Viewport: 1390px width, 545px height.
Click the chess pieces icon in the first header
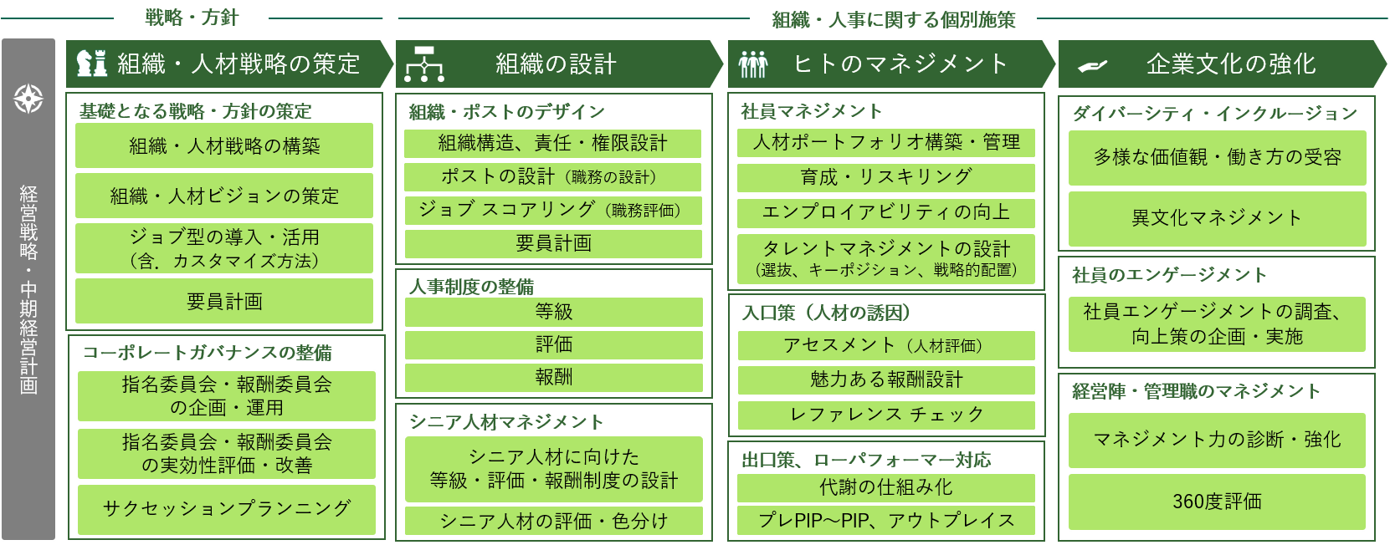[x=92, y=64]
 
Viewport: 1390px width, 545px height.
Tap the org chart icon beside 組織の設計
[x=424, y=64]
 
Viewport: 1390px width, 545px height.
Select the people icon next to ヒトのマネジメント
[x=752, y=64]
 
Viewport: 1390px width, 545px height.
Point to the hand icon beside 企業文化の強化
[x=1092, y=66]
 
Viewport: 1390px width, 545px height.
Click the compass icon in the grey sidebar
[x=28, y=99]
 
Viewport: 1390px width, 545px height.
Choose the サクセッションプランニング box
[x=226, y=508]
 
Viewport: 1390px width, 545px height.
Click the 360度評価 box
[x=1217, y=502]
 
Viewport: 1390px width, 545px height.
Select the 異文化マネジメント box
[x=1217, y=218]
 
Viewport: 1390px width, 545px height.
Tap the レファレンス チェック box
[x=886, y=415]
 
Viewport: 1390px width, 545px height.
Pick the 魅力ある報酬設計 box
[x=886, y=379]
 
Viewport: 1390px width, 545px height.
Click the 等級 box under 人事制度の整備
[x=553, y=312]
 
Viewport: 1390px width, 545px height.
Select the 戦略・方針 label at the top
[x=192, y=18]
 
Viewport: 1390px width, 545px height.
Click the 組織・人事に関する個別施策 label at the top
[x=893, y=19]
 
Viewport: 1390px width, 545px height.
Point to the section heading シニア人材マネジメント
[x=506, y=422]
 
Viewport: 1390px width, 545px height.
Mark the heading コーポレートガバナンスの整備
[x=208, y=353]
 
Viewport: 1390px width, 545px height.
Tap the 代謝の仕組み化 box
[x=886, y=487]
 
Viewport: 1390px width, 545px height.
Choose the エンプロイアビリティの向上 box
[x=886, y=212]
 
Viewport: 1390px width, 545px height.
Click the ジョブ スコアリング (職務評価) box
[x=553, y=210]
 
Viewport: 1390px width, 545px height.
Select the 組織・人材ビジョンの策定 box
[x=224, y=196]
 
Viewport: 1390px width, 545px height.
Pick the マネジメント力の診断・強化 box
[x=1217, y=440]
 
